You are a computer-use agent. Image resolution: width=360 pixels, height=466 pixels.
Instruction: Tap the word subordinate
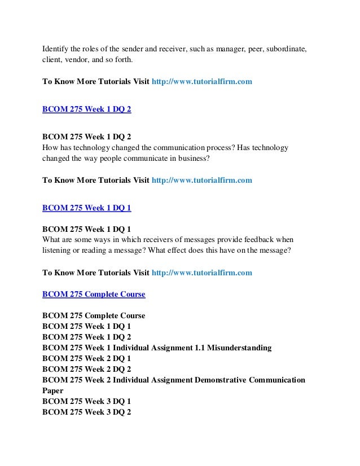[284, 49]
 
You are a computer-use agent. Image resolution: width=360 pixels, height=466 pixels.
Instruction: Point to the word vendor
[76, 59]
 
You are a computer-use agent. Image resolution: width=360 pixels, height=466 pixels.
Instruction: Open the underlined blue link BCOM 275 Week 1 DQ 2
[87, 109]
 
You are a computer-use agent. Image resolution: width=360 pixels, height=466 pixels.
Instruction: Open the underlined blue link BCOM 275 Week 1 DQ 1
[87, 208]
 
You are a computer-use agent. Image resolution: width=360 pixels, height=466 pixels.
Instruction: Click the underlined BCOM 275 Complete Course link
[94, 294]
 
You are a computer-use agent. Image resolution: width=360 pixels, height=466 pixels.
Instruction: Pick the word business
[192, 158]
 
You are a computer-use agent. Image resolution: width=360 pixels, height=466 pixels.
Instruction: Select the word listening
[58, 250]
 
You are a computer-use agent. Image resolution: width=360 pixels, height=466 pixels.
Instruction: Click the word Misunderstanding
[239, 348]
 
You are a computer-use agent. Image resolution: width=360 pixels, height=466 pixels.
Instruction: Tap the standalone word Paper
[53, 390]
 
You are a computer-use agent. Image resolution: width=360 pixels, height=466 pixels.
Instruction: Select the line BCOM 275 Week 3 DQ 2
[87, 412]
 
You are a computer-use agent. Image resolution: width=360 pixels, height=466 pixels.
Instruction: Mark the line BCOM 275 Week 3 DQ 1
[87, 401]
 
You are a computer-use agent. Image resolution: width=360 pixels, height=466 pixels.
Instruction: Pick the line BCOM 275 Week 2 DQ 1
[87, 358]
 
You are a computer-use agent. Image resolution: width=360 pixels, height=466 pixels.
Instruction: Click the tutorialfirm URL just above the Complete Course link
[202, 272]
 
